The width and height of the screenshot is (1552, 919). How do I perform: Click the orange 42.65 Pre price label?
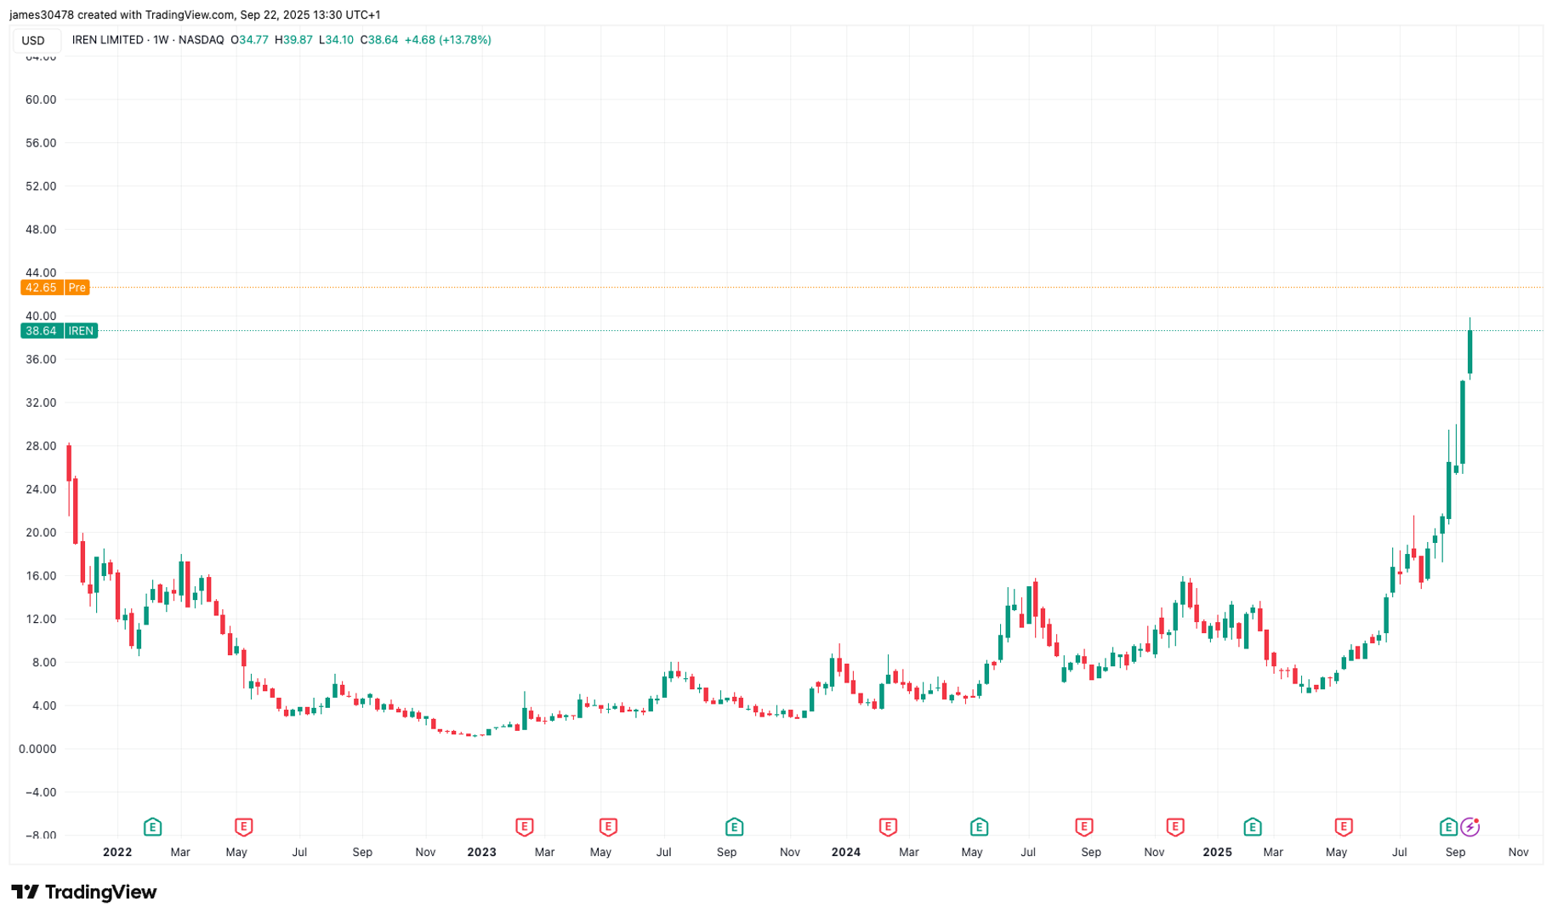coord(54,288)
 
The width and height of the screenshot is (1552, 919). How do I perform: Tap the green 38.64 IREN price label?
coord(59,331)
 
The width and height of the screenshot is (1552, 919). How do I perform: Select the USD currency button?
coord(33,41)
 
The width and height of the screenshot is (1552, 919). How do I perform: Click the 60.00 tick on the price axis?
coord(41,100)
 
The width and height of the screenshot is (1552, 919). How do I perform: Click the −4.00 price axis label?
coord(41,792)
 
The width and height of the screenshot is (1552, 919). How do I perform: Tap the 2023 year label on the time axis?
coord(481,852)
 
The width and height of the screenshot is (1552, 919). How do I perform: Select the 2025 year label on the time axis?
coord(1217,852)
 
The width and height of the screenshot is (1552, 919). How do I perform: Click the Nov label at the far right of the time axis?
coord(1518,852)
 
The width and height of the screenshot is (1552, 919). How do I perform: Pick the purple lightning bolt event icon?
coord(1470,826)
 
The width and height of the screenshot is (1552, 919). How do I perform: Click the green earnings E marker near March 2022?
coord(152,826)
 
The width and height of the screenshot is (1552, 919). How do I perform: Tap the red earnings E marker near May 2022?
coord(243,826)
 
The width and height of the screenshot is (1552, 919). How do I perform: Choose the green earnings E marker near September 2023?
coord(734,826)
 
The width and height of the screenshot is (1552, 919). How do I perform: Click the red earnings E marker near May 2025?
coord(1344,826)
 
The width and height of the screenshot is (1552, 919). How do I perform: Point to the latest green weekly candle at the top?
coord(1470,351)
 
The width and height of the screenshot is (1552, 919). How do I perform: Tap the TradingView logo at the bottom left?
coord(84,892)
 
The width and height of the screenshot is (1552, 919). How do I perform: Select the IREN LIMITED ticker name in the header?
coord(107,40)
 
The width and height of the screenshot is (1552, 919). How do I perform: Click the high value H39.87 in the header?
coord(293,40)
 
